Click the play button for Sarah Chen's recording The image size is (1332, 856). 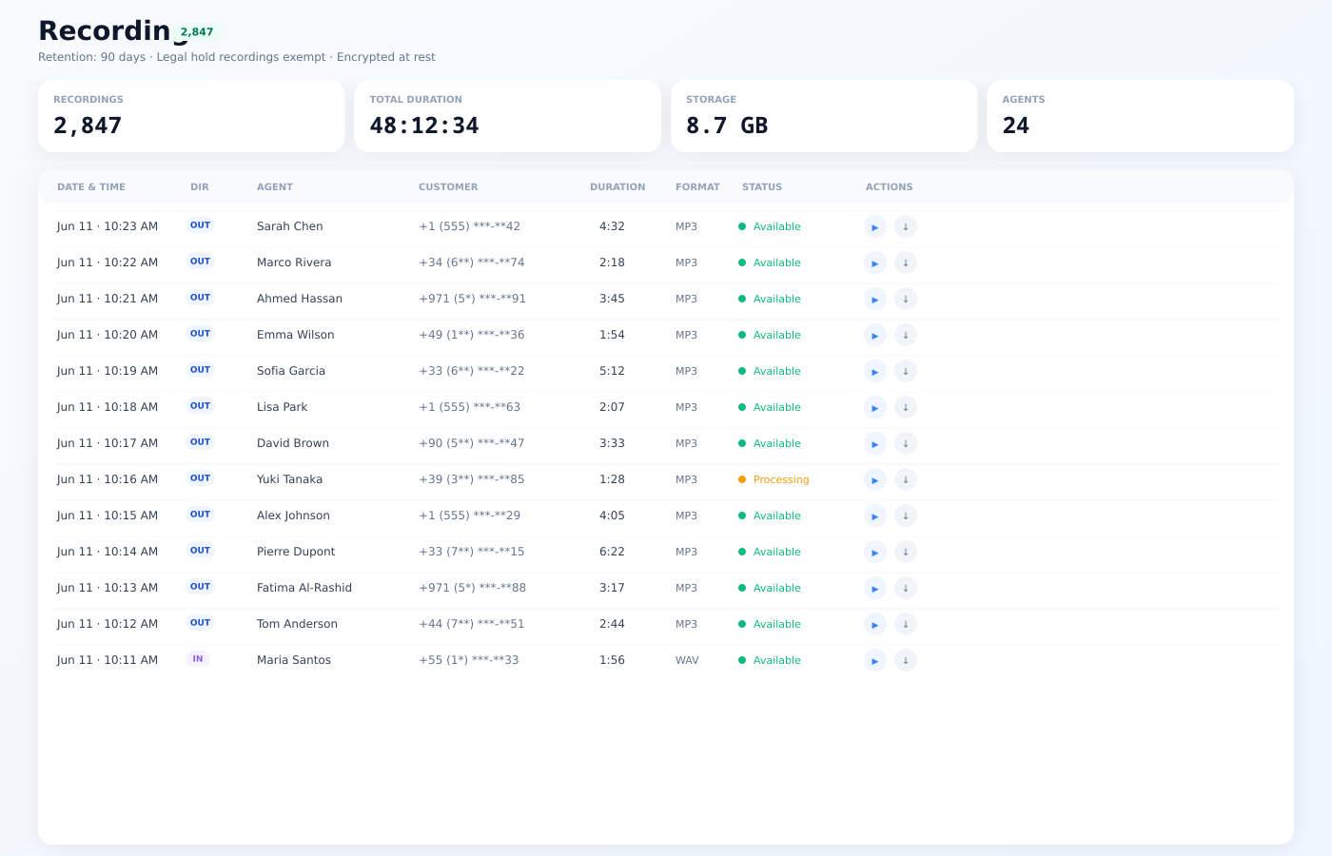874,226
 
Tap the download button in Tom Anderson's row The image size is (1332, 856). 905,624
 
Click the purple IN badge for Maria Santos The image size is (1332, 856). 198,658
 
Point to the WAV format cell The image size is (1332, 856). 687,660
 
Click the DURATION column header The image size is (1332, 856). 617,186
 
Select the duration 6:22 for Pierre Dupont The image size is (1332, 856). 612,552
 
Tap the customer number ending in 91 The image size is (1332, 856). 472,299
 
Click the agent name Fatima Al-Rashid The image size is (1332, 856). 304,588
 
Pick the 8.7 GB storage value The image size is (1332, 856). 727,126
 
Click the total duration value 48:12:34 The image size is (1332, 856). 424,126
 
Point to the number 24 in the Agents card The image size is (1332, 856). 1016,126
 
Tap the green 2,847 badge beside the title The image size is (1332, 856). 197,32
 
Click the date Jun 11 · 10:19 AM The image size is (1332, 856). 108,371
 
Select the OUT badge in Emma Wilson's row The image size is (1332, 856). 200,334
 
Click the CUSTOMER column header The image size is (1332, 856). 448,186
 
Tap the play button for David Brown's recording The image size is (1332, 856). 874,443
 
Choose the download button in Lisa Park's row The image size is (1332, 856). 905,407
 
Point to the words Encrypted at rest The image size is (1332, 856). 386,57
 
